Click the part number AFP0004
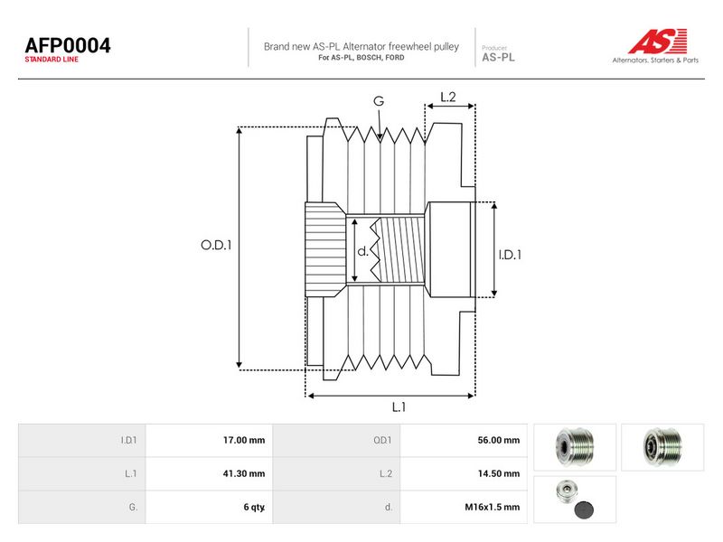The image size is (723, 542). tap(68, 45)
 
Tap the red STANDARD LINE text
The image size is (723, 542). tap(52, 60)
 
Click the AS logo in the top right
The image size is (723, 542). tap(657, 41)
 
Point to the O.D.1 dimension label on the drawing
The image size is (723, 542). tap(216, 245)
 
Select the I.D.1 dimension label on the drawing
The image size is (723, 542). tap(510, 255)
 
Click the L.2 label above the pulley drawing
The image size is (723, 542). tap(448, 97)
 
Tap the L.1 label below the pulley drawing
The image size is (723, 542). tap(399, 407)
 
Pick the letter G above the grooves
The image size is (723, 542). tap(379, 101)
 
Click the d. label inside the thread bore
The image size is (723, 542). tap(363, 251)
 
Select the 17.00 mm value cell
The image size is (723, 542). tap(209, 440)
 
